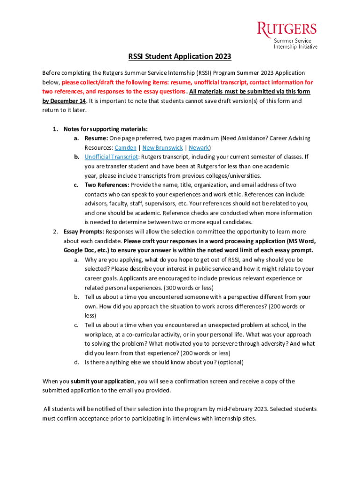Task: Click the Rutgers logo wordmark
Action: tap(287, 29)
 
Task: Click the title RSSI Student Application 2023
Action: tap(180, 57)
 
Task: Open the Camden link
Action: tap(125, 148)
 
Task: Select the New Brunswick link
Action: tap(163, 148)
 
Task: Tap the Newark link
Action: tap(199, 148)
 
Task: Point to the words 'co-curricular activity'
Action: tap(141, 334)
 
